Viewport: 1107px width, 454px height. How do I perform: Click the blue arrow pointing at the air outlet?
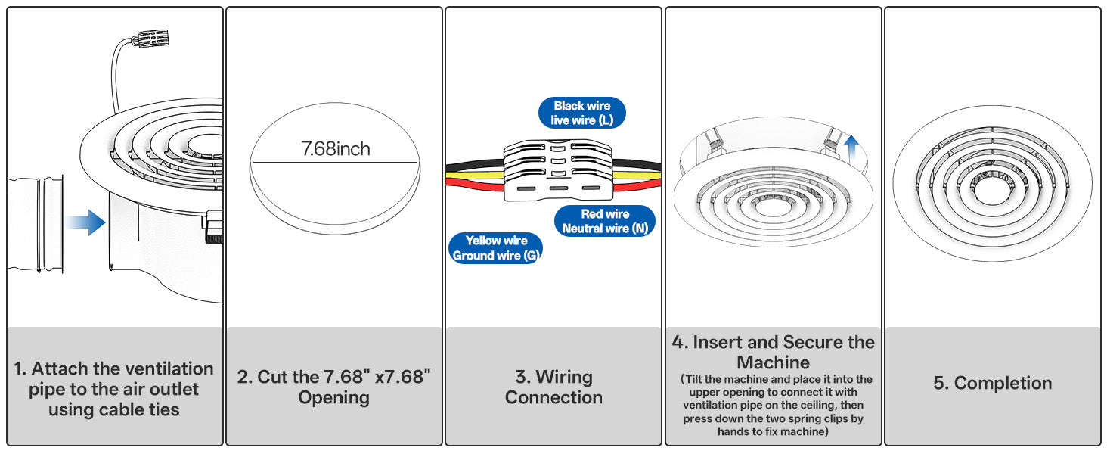coord(85,222)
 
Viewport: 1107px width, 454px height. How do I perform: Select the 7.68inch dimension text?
coord(336,149)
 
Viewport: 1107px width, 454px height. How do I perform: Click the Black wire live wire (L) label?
coord(581,113)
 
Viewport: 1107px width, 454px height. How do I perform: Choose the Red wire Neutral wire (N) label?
coord(605,221)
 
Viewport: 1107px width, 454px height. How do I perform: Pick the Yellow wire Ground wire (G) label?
coord(496,248)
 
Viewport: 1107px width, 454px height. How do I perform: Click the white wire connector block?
coord(558,170)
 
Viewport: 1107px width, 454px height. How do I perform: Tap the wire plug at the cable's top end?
coord(150,39)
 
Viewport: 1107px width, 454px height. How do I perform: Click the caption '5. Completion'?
coord(992,384)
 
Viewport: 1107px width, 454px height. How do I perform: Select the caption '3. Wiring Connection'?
coord(553,387)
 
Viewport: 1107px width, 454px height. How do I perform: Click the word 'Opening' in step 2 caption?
coord(333,397)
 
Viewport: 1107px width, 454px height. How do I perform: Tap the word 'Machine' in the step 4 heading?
coord(773,362)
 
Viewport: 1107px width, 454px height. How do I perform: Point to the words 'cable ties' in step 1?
coord(138,410)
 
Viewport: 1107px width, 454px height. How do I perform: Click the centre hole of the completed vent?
coord(992,190)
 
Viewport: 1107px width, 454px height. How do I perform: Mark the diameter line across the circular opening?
coord(334,162)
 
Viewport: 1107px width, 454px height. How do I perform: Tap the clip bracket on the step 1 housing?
coord(213,227)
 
